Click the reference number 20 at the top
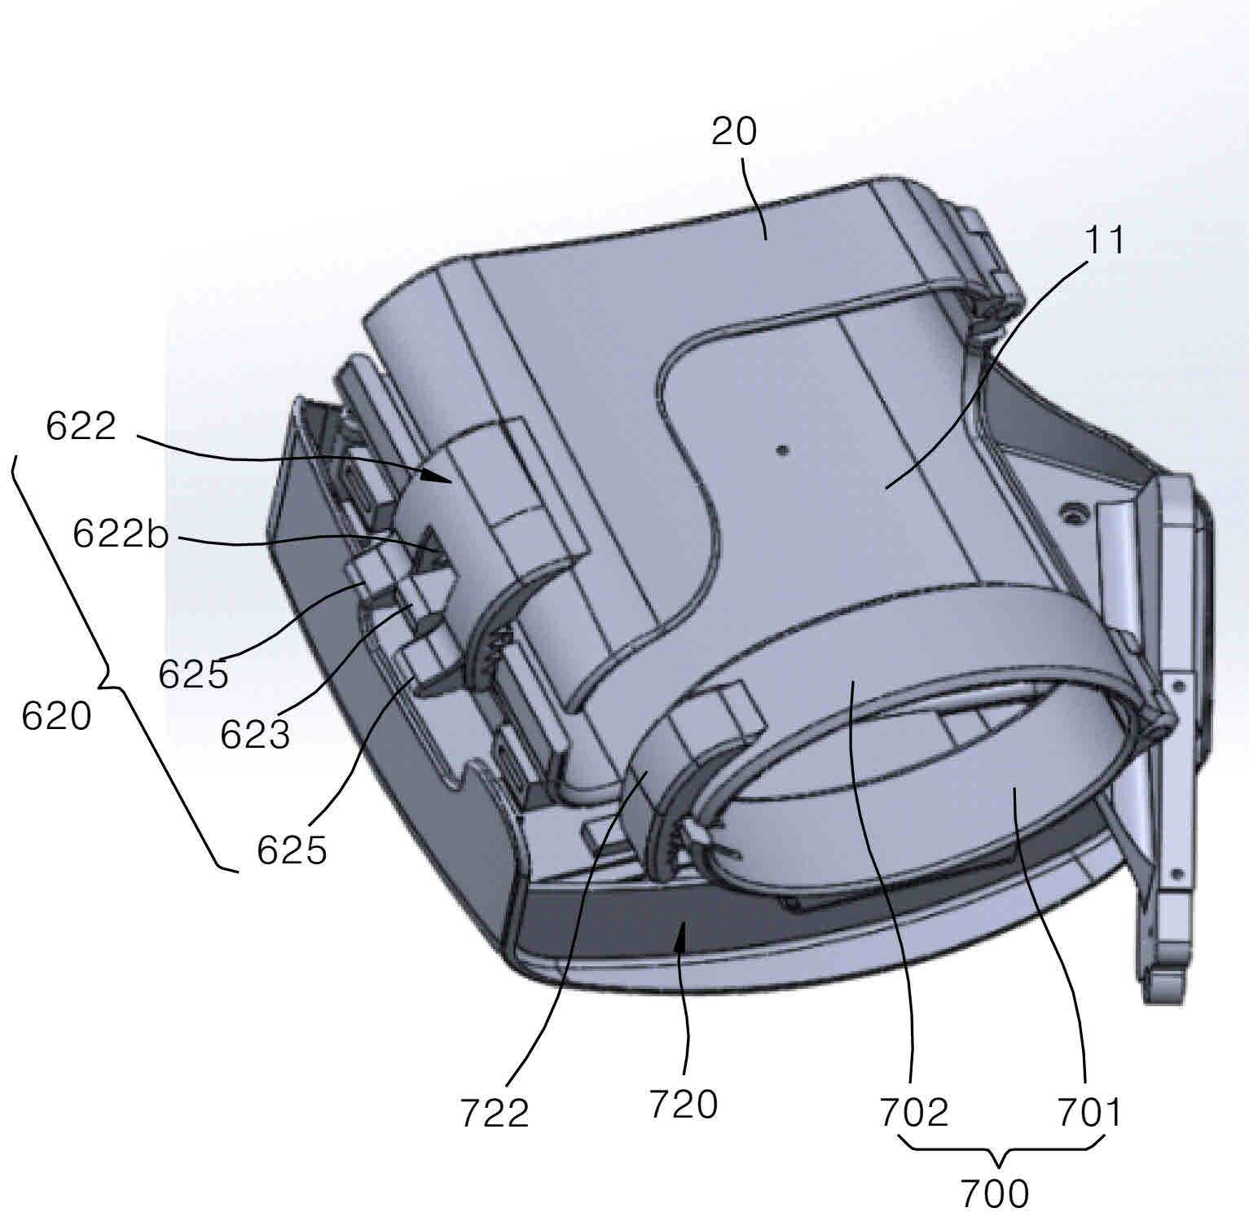click(734, 131)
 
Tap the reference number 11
click(1104, 240)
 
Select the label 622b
click(120, 534)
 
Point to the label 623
click(255, 735)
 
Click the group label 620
click(56, 717)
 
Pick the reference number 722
click(495, 1113)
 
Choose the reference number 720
click(683, 1105)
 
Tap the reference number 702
click(914, 1112)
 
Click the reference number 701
click(1089, 1112)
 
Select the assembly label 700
click(994, 1194)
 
